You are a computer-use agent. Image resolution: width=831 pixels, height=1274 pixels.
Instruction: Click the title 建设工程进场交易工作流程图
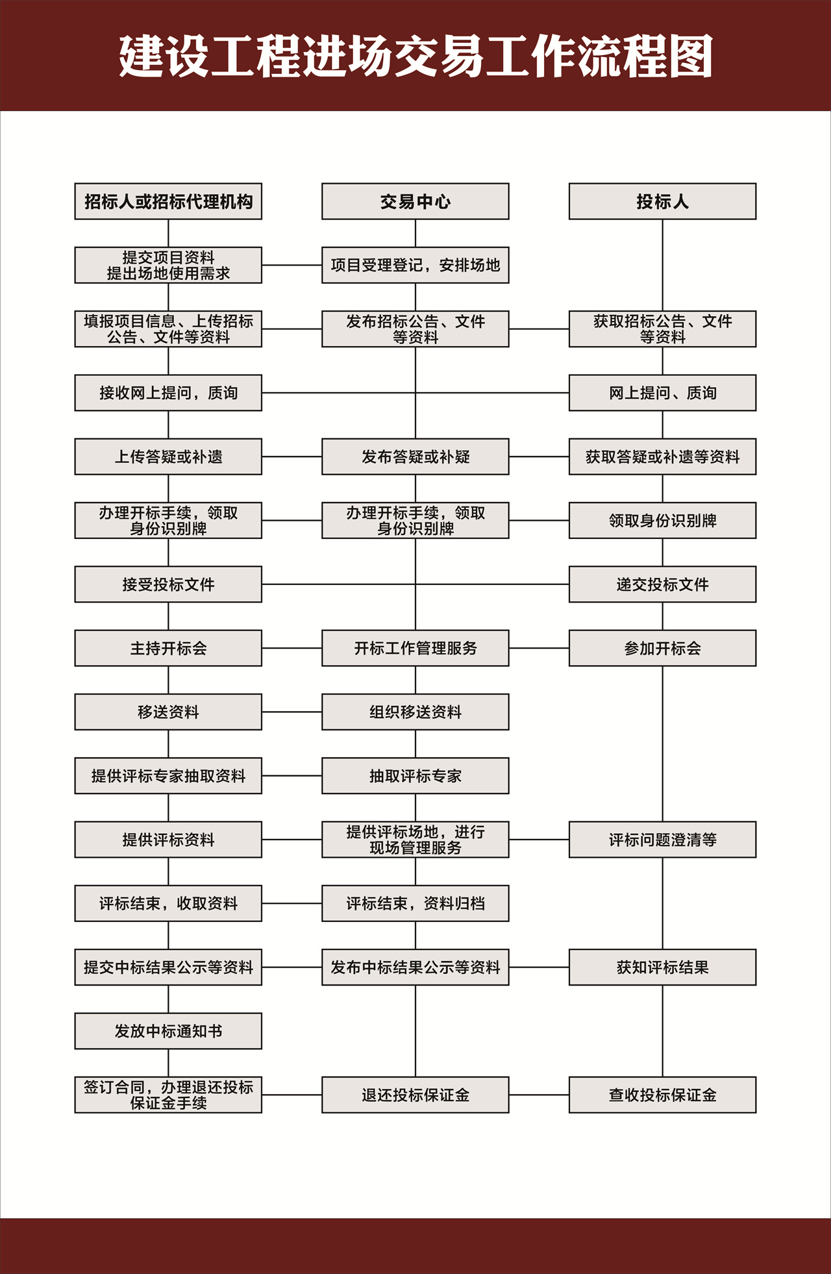pyautogui.click(x=415, y=56)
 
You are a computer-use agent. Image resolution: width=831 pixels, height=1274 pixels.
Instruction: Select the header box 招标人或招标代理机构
pyautogui.click(x=168, y=201)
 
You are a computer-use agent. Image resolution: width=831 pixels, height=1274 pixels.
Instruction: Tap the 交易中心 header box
pyautogui.click(x=415, y=201)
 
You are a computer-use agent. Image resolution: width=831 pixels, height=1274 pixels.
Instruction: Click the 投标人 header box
pyautogui.click(x=662, y=201)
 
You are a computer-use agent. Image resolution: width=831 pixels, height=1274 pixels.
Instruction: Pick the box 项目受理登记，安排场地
pyautogui.click(x=415, y=265)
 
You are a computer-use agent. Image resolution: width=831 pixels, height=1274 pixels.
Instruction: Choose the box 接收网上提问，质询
pyautogui.click(x=168, y=393)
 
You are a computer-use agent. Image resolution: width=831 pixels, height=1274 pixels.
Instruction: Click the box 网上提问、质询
pyautogui.click(x=662, y=393)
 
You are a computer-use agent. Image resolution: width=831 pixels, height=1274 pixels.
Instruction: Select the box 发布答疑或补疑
pyautogui.click(x=415, y=456)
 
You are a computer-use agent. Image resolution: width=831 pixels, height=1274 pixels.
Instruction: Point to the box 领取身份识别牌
pyautogui.click(x=662, y=520)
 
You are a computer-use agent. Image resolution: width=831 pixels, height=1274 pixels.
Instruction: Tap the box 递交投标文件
pyautogui.click(x=662, y=584)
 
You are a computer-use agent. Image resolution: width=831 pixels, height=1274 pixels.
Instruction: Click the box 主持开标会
pyautogui.click(x=168, y=648)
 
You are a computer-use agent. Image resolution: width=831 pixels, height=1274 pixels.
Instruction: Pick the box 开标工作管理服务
pyautogui.click(x=415, y=648)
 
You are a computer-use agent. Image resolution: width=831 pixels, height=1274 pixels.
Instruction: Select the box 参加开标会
pyautogui.click(x=662, y=648)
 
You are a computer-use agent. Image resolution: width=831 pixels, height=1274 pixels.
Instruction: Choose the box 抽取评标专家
pyautogui.click(x=415, y=776)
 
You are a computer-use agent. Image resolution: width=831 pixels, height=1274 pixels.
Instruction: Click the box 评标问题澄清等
pyautogui.click(x=662, y=840)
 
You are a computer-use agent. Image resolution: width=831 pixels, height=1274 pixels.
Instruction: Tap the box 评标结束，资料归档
pyautogui.click(x=415, y=903)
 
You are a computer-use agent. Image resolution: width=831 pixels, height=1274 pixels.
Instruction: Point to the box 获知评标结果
pyautogui.click(x=662, y=968)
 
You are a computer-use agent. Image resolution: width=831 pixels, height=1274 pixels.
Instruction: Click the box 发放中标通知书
pyautogui.click(x=168, y=1031)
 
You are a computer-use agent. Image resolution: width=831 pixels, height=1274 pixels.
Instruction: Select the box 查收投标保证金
pyautogui.click(x=662, y=1095)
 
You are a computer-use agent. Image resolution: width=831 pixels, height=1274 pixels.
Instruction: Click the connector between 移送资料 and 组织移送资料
pyautogui.click(x=292, y=712)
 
